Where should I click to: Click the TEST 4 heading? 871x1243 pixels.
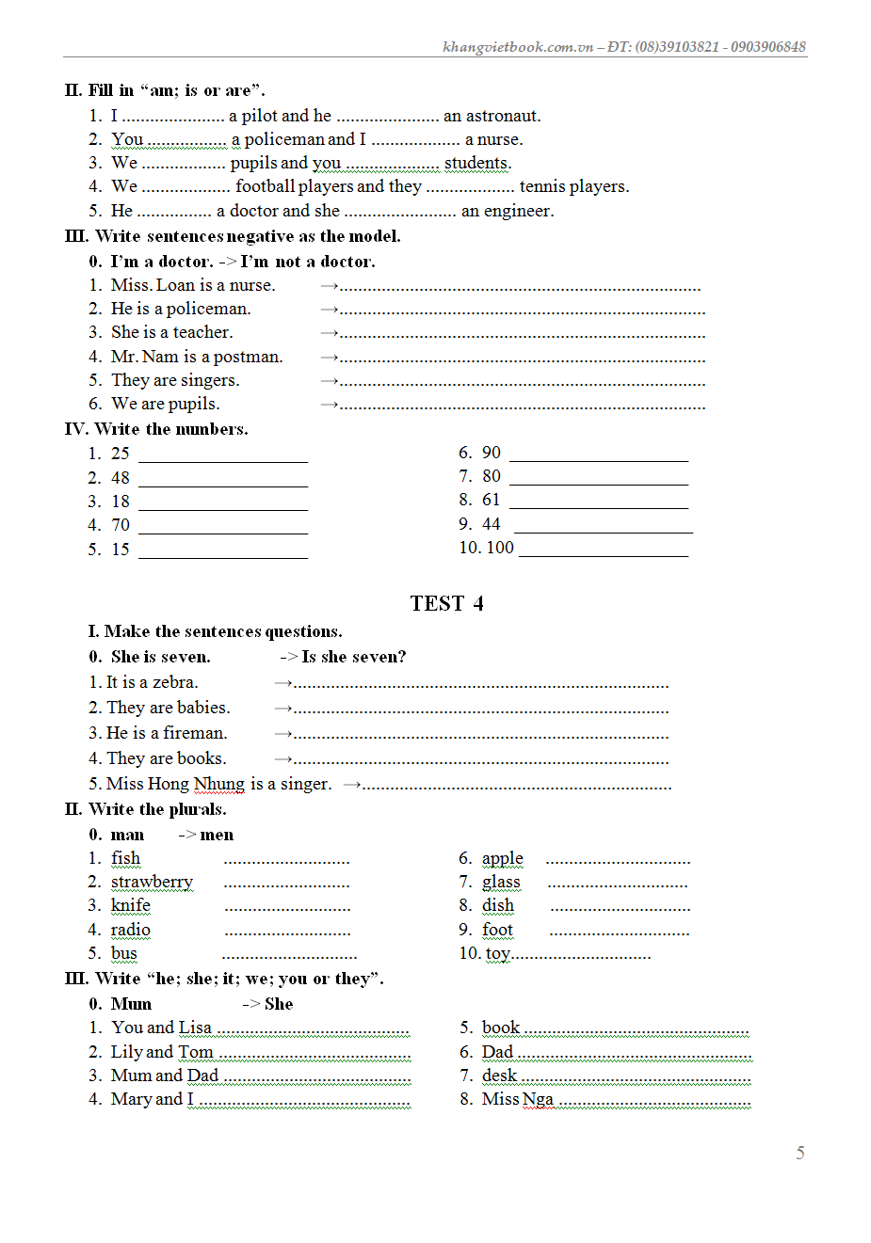tap(446, 603)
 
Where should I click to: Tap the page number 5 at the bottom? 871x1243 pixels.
tap(800, 1153)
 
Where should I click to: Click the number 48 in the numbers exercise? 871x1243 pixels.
tap(121, 478)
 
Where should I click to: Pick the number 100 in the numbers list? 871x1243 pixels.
tap(500, 548)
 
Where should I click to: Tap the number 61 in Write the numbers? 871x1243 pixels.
tap(492, 500)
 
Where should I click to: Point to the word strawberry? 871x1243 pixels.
tap(152, 882)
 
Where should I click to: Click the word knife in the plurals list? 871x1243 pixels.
tap(130, 905)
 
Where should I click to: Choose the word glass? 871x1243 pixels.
tap(501, 882)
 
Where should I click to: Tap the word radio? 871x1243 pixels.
tap(130, 930)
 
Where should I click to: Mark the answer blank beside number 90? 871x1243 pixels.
tap(599, 455)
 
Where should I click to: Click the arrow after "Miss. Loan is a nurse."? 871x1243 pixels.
tap(329, 285)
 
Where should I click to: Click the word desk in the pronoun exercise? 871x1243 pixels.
tap(499, 1076)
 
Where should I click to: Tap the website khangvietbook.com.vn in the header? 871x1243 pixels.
tap(518, 47)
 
